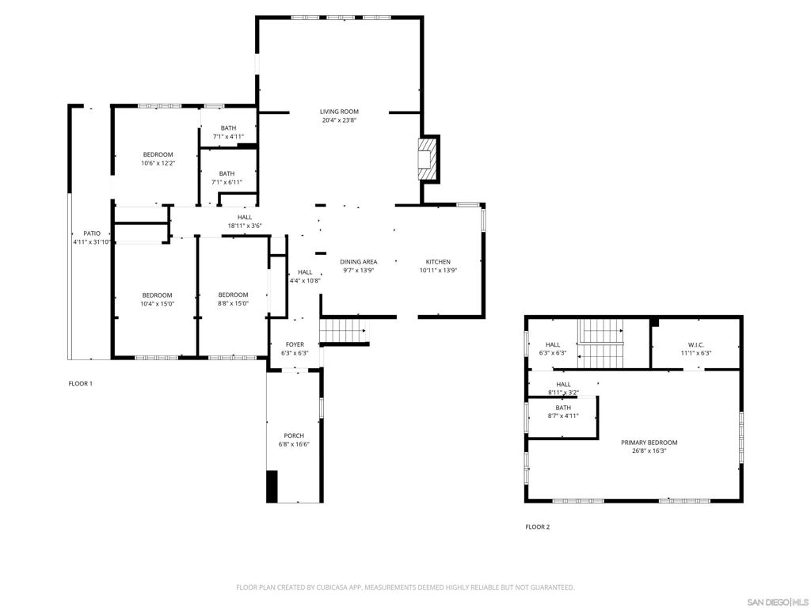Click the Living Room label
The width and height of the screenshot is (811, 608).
click(339, 112)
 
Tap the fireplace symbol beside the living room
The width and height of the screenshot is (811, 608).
click(427, 160)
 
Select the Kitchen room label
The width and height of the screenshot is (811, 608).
click(438, 262)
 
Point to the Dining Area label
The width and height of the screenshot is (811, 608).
click(358, 262)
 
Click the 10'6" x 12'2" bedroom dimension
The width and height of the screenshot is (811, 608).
click(158, 163)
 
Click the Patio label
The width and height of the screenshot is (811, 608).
click(92, 234)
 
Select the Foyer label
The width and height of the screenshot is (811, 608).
click(295, 344)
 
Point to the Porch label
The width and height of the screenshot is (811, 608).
click(294, 436)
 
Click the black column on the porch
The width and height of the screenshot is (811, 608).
click(272, 486)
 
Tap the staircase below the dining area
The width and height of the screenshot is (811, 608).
click(344, 330)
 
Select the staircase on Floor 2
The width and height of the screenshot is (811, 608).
click(600, 343)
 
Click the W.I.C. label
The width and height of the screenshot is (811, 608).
click(695, 345)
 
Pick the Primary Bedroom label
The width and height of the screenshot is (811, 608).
click(649, 443)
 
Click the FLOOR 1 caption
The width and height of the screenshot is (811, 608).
click(80, 384)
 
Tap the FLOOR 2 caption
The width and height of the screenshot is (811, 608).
click(537, 527)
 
